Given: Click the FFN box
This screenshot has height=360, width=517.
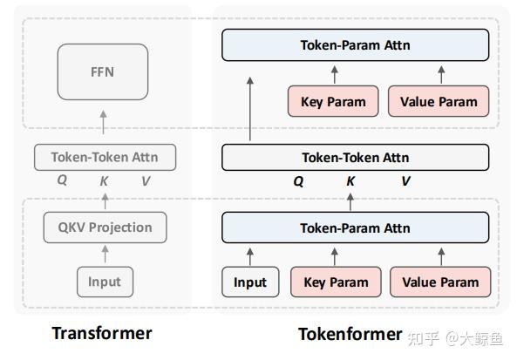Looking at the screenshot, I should tap(102, 71).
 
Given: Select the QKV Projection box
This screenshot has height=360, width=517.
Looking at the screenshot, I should tap(105, 228).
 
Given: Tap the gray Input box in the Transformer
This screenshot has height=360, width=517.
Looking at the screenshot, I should tap(105, 282).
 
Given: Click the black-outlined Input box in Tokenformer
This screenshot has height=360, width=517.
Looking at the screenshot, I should tap(250, 282).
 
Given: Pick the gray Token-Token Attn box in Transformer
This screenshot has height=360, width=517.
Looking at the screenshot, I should tap(104, 158).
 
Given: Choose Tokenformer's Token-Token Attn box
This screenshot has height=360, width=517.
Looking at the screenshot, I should tap(355, 158).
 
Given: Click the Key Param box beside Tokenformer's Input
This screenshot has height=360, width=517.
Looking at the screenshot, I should tap(336, 282).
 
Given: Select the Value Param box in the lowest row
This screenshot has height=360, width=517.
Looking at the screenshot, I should tap(439, 282).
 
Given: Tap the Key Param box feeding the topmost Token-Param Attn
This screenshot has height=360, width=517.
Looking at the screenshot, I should tap(333, 101).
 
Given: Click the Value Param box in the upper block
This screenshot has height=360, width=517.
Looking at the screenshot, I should tap(439, 101).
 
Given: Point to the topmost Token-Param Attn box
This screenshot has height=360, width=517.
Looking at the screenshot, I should tap(355, 44).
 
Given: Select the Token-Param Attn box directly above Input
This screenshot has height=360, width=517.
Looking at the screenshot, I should tap(355, 228).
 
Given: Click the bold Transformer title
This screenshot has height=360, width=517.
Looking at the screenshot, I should tap(102, 333).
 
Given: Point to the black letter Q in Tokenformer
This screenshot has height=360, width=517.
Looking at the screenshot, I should tap(298, 182).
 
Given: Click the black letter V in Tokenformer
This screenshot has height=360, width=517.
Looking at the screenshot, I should tap(405, 181).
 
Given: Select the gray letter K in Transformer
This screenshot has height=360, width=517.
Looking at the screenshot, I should tap(104, 181).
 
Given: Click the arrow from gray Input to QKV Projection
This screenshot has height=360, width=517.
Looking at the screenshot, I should tap(105, 255).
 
